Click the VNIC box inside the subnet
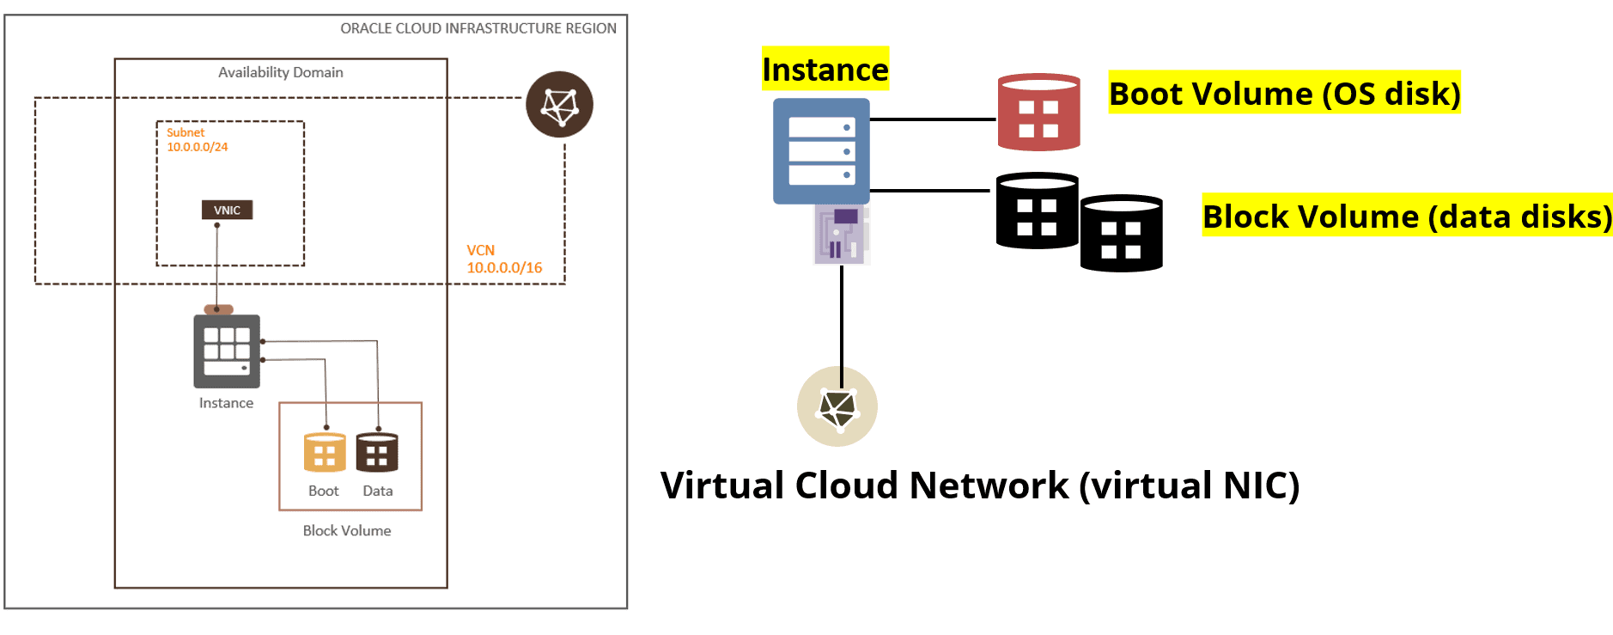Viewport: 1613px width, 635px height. pos(227,210)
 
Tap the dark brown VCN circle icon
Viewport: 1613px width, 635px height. pos(559,105)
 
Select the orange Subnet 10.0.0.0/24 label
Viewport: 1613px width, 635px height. pos(197,140)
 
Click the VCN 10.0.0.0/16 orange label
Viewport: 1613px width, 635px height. pos(504,259)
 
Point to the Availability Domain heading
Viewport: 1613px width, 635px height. pos(280,73)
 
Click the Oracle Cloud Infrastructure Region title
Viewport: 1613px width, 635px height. pos(478,28)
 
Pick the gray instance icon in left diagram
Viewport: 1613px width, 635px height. pos(227,351)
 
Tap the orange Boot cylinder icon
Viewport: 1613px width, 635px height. pos(325,453)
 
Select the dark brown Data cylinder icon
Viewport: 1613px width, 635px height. pos(377,453)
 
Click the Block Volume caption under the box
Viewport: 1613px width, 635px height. pos(346,531)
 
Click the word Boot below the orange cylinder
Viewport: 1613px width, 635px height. pos(323,491)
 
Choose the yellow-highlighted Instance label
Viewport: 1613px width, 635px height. pos(825,69)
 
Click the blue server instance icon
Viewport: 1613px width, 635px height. pos(821,151)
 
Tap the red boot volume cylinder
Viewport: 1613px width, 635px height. pos(1038,113)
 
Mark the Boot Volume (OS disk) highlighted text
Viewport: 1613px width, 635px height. pos(1284,93)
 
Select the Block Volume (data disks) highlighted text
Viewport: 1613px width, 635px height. pos(1407,216)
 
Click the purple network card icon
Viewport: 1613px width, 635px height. pos(842,234)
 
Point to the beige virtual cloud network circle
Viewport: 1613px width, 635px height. pos(837,406)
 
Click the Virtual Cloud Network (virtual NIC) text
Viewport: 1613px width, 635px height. pos(979,485)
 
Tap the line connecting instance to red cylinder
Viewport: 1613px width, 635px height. pos(933,119)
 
